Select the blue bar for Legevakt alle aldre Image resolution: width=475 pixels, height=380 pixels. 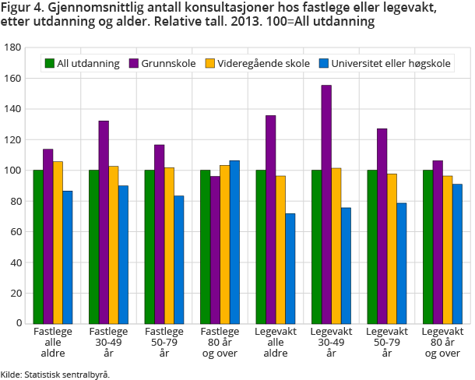[290, 268]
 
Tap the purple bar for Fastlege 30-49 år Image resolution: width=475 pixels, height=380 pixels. [104, 222]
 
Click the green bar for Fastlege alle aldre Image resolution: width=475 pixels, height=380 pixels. [38, 246]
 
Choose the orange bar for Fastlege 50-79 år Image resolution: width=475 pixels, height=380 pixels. [169, 245]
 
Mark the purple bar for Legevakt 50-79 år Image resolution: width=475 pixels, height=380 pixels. [382, 226]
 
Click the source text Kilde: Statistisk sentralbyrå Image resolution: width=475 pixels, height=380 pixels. [55, 374]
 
